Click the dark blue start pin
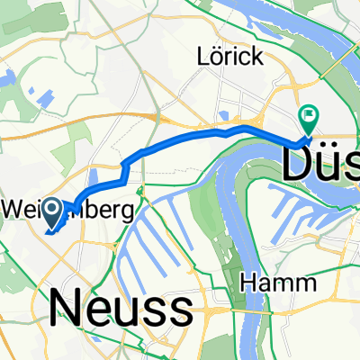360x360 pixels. point(52,212)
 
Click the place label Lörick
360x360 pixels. point(230,57)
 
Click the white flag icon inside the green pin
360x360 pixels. point(309,114)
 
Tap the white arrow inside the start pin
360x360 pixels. point(52,211)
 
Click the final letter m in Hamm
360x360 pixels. point(304,284)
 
